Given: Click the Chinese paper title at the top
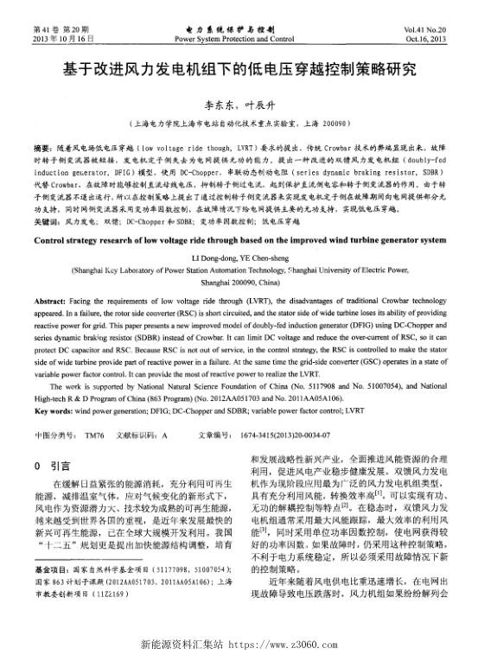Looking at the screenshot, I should (x=238, y=68).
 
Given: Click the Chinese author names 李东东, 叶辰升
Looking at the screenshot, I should (x=238, y=99).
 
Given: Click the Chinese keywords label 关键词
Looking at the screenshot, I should (x=46, y=221).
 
